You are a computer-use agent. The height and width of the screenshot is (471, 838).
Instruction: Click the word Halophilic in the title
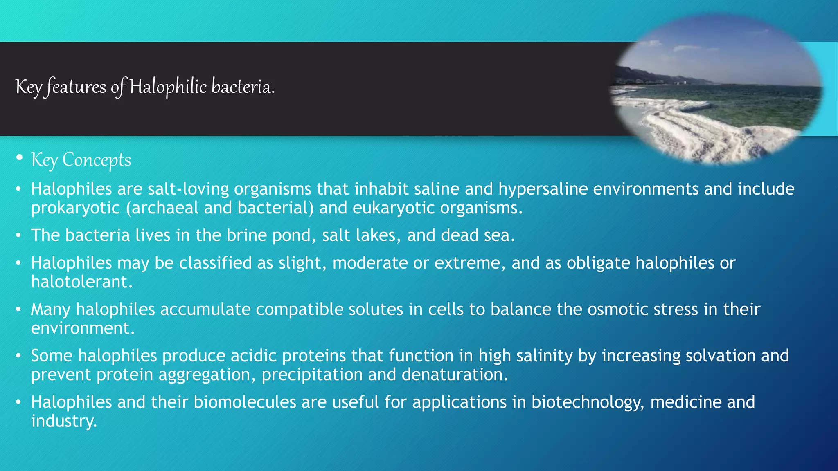pyautogui.click(x=168, y=87)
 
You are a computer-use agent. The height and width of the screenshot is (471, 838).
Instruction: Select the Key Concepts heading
pyautogui.click(x=81, y=160)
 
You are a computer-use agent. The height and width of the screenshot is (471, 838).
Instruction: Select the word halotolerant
pyautogui.click(x=82, y=282)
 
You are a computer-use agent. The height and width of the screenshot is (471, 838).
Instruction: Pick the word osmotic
pyautogui.click(x=617, y=310)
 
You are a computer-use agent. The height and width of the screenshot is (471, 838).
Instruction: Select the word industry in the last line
pyautogui.click(x=64, y=421)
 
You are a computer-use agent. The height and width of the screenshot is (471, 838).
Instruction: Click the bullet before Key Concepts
pyautogui.click(x=19, y=158)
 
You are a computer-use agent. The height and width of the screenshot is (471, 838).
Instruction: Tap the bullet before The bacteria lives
pyautogui.click(x=18, y=236)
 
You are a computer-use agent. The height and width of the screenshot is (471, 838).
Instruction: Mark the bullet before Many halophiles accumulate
pyautogui.click(x=18, y=310)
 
